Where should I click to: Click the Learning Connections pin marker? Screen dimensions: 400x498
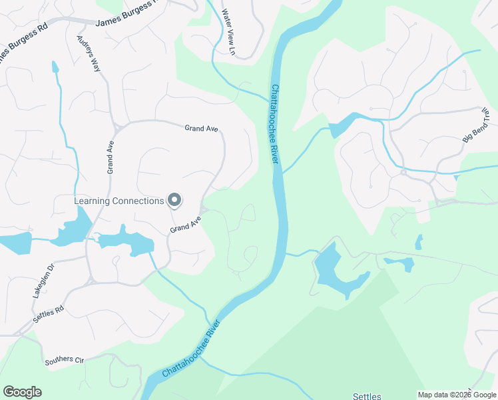(174, 199)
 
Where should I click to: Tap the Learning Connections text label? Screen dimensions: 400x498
(119, 201)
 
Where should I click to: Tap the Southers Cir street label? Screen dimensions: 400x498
(64, 361)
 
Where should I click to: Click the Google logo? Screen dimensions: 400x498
(22, 392)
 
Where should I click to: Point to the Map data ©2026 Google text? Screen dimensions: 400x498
(457, 395)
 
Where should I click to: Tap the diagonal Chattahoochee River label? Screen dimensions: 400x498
(191, 350)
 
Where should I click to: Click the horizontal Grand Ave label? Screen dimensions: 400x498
(202, 129)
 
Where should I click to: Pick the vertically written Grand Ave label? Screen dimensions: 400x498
(111, 157)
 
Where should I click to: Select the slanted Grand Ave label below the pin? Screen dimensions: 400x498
(185, 225)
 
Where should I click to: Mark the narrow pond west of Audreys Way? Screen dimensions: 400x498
(55, 67)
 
